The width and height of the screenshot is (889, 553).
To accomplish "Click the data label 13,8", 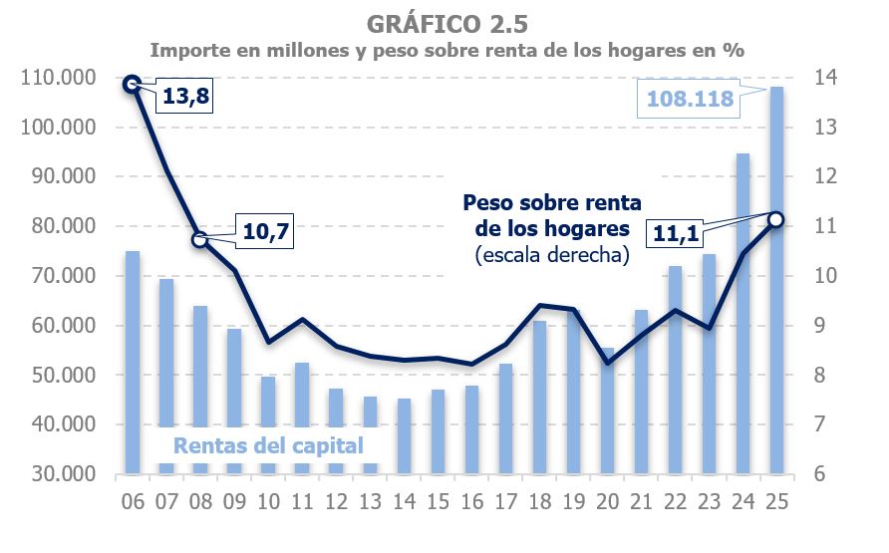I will pyautogui.click(x=185, y=98).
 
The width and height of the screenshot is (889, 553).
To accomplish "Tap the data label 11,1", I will pyautogui.click(x=677, y=232).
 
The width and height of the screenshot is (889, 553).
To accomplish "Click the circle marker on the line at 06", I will pyautogui.click(x=132, y=85).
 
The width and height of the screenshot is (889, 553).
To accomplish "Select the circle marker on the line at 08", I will pyautogui.click(x=199, y=239).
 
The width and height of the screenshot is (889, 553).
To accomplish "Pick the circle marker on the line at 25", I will pyautogui.click(x=776, y=219).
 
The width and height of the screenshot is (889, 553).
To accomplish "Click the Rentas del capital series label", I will pyautogui.click(x=269, y=444).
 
